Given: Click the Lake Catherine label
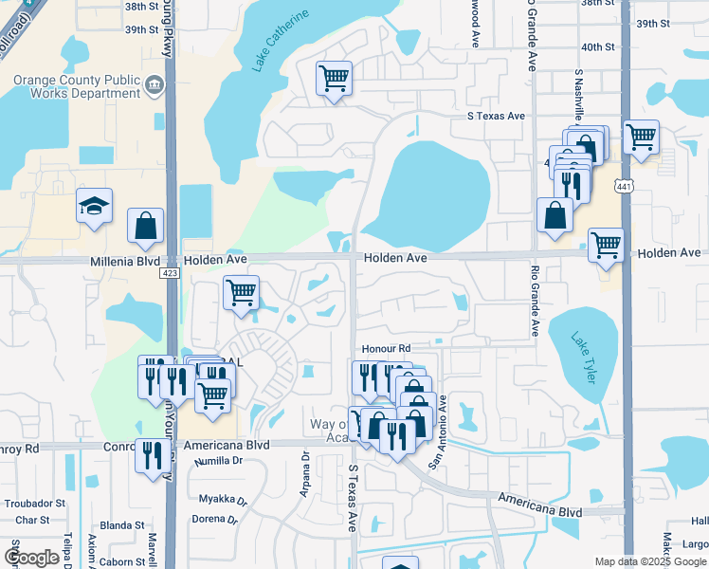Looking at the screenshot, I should point(282,44).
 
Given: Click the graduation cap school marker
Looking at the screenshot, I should point(95,206).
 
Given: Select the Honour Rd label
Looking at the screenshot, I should point(384,349).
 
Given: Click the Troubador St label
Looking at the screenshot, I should point(38,503).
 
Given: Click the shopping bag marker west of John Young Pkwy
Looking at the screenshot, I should point(146,227).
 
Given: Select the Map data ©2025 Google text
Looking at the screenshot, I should point(649,561).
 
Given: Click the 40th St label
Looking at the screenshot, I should point(598,46).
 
